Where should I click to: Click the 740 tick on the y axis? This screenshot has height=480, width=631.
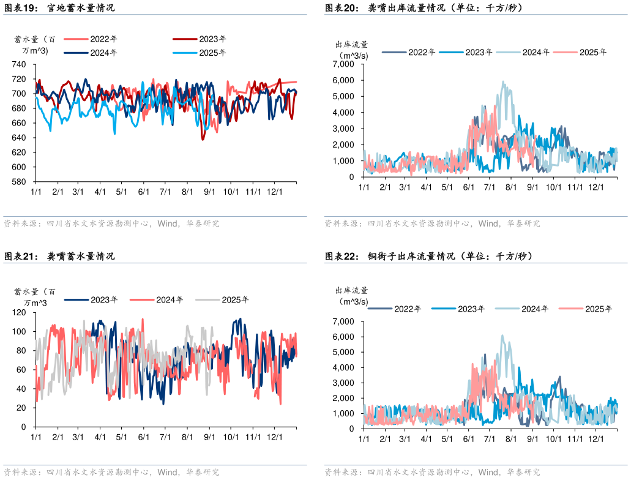[19, 64]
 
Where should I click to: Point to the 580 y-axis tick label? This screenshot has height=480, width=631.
[19, 182]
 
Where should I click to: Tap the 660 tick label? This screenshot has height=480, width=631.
[19, 123]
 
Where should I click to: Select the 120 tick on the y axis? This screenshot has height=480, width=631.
[19, 312]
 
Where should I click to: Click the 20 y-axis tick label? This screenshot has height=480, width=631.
[21, 408]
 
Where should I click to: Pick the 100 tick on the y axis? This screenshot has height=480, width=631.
[19, 331]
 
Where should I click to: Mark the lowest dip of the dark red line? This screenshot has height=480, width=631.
[203, 140]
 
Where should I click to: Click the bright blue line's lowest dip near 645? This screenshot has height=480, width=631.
[114, 133]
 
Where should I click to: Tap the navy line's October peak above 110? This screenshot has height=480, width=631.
[239, 319]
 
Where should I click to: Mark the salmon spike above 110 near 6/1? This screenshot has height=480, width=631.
[143, 319]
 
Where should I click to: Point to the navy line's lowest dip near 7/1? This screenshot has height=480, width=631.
[163, 403]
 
